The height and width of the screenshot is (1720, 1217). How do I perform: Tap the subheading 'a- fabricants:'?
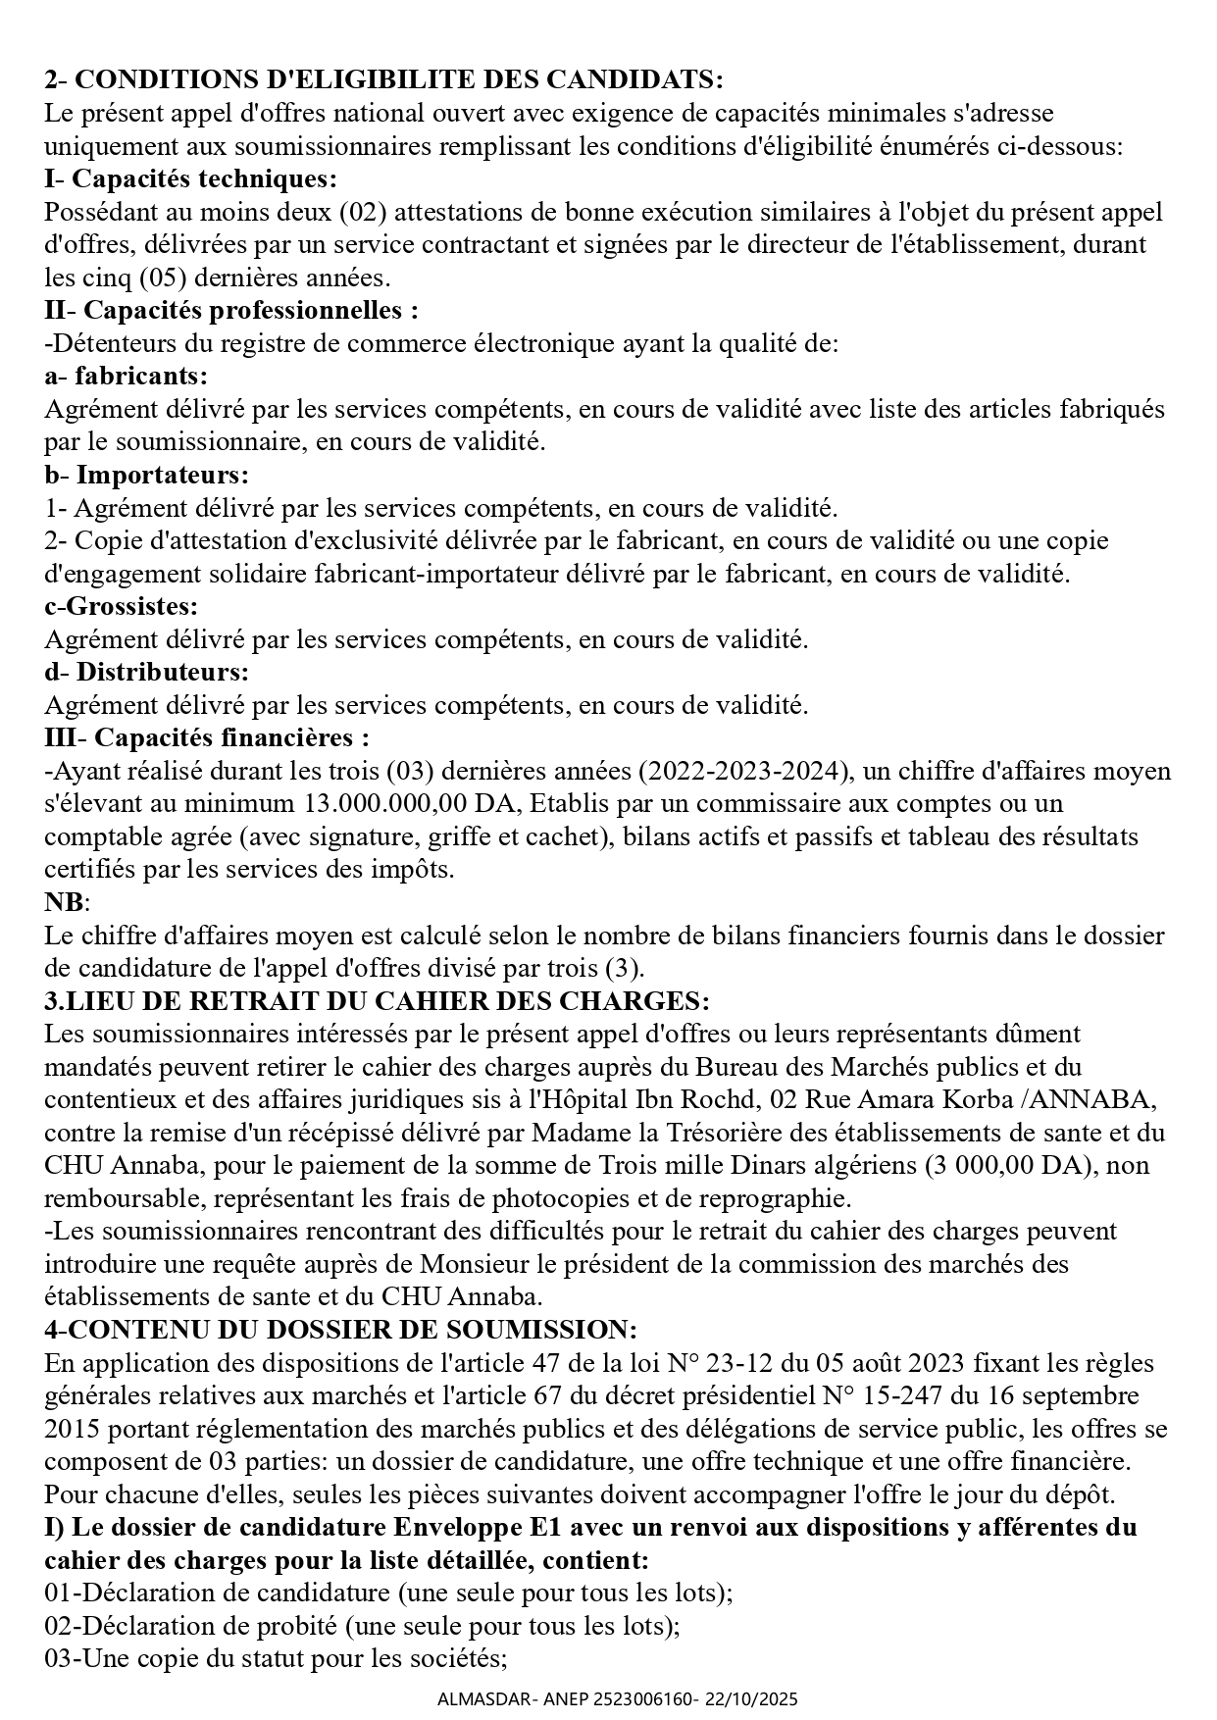pos(127,377)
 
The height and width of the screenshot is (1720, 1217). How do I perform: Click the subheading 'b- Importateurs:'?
pos(146,476)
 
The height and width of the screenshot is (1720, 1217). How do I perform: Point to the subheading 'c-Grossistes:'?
pos(121,607)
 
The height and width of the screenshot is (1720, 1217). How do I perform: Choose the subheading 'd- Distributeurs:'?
pos(146,673)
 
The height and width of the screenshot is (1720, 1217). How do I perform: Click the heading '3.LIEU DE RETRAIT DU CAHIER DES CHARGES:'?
pos(377,1001)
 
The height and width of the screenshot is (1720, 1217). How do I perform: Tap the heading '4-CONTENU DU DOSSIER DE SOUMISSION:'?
pos(340,1331)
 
